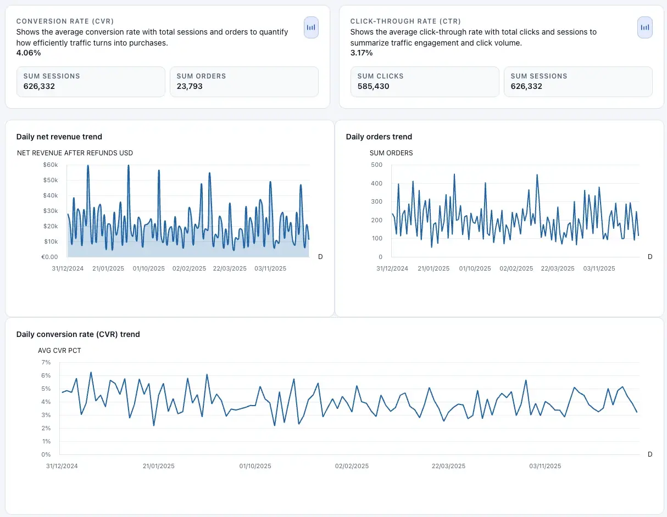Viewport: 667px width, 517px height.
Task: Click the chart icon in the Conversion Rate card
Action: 311,27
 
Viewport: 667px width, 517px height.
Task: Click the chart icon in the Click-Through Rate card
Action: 645,27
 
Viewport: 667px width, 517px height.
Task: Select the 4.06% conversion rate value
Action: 29,53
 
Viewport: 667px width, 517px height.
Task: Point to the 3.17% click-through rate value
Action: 362,53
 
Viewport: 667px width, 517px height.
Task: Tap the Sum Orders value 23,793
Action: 190,86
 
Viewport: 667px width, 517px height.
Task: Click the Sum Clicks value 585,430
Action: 373,86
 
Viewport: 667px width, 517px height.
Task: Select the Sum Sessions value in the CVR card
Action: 39,86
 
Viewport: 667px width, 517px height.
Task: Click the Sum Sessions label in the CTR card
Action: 538,76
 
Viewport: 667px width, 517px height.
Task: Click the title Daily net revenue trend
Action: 59,137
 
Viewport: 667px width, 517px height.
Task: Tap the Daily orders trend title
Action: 379,137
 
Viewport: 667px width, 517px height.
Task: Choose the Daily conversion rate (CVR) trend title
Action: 78,334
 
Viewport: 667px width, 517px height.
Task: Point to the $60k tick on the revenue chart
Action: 50,165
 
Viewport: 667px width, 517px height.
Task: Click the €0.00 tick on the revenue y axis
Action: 49,257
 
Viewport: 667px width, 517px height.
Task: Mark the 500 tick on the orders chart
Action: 376,165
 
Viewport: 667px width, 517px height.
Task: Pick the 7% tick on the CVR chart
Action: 46,362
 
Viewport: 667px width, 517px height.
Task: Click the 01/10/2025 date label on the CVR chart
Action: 255,466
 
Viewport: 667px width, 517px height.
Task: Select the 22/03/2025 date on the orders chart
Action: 558,268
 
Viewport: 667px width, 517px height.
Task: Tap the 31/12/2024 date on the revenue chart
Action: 68,268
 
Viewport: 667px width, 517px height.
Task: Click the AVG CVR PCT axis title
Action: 59,350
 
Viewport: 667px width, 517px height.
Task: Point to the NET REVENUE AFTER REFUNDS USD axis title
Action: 75,153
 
